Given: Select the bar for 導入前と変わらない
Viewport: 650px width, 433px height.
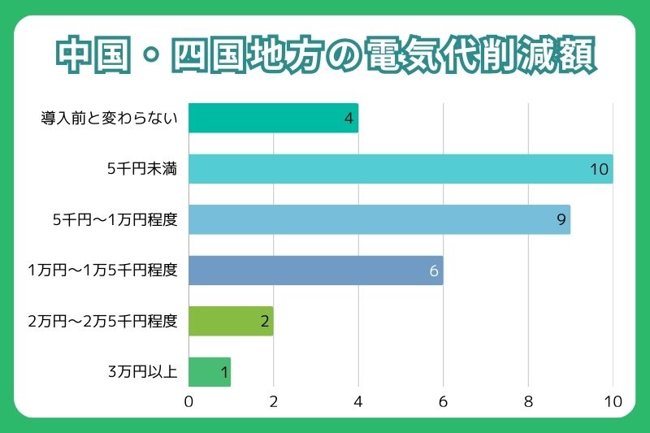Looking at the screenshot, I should tap(273, 118).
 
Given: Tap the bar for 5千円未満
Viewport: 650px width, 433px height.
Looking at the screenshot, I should tap(400, 169).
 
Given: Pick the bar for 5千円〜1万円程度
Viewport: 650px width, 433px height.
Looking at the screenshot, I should tap(379, 219).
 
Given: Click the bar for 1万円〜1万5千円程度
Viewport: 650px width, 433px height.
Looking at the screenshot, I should tap(315, 271).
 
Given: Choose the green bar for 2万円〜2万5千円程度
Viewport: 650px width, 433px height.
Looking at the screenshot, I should tap(231, 321).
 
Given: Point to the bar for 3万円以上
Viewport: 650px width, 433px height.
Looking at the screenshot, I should tap(210, 372).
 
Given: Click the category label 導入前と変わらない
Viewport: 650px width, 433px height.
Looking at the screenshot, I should tap(109, 119).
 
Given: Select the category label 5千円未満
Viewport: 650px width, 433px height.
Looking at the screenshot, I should tap(142, 169).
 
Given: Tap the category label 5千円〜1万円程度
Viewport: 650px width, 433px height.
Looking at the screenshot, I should tap(115, 220).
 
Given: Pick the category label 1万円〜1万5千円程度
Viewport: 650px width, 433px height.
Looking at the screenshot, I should tap(102, 271).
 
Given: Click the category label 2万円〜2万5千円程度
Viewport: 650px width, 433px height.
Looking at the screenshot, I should tap(102, 322).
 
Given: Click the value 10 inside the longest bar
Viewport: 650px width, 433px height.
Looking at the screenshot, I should tap(600, 169).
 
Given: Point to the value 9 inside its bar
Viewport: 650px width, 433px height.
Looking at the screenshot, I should tap(561, 220).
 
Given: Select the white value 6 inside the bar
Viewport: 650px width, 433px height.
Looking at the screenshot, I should tap(434, 271).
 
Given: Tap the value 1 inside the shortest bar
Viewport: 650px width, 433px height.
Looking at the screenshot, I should tap(224, 373).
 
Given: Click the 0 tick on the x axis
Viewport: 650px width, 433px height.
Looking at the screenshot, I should tap(188, 401).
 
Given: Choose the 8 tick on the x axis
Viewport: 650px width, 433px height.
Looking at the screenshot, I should tap(528, 401).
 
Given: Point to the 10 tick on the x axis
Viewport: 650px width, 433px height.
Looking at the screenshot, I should tap(613, 401).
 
